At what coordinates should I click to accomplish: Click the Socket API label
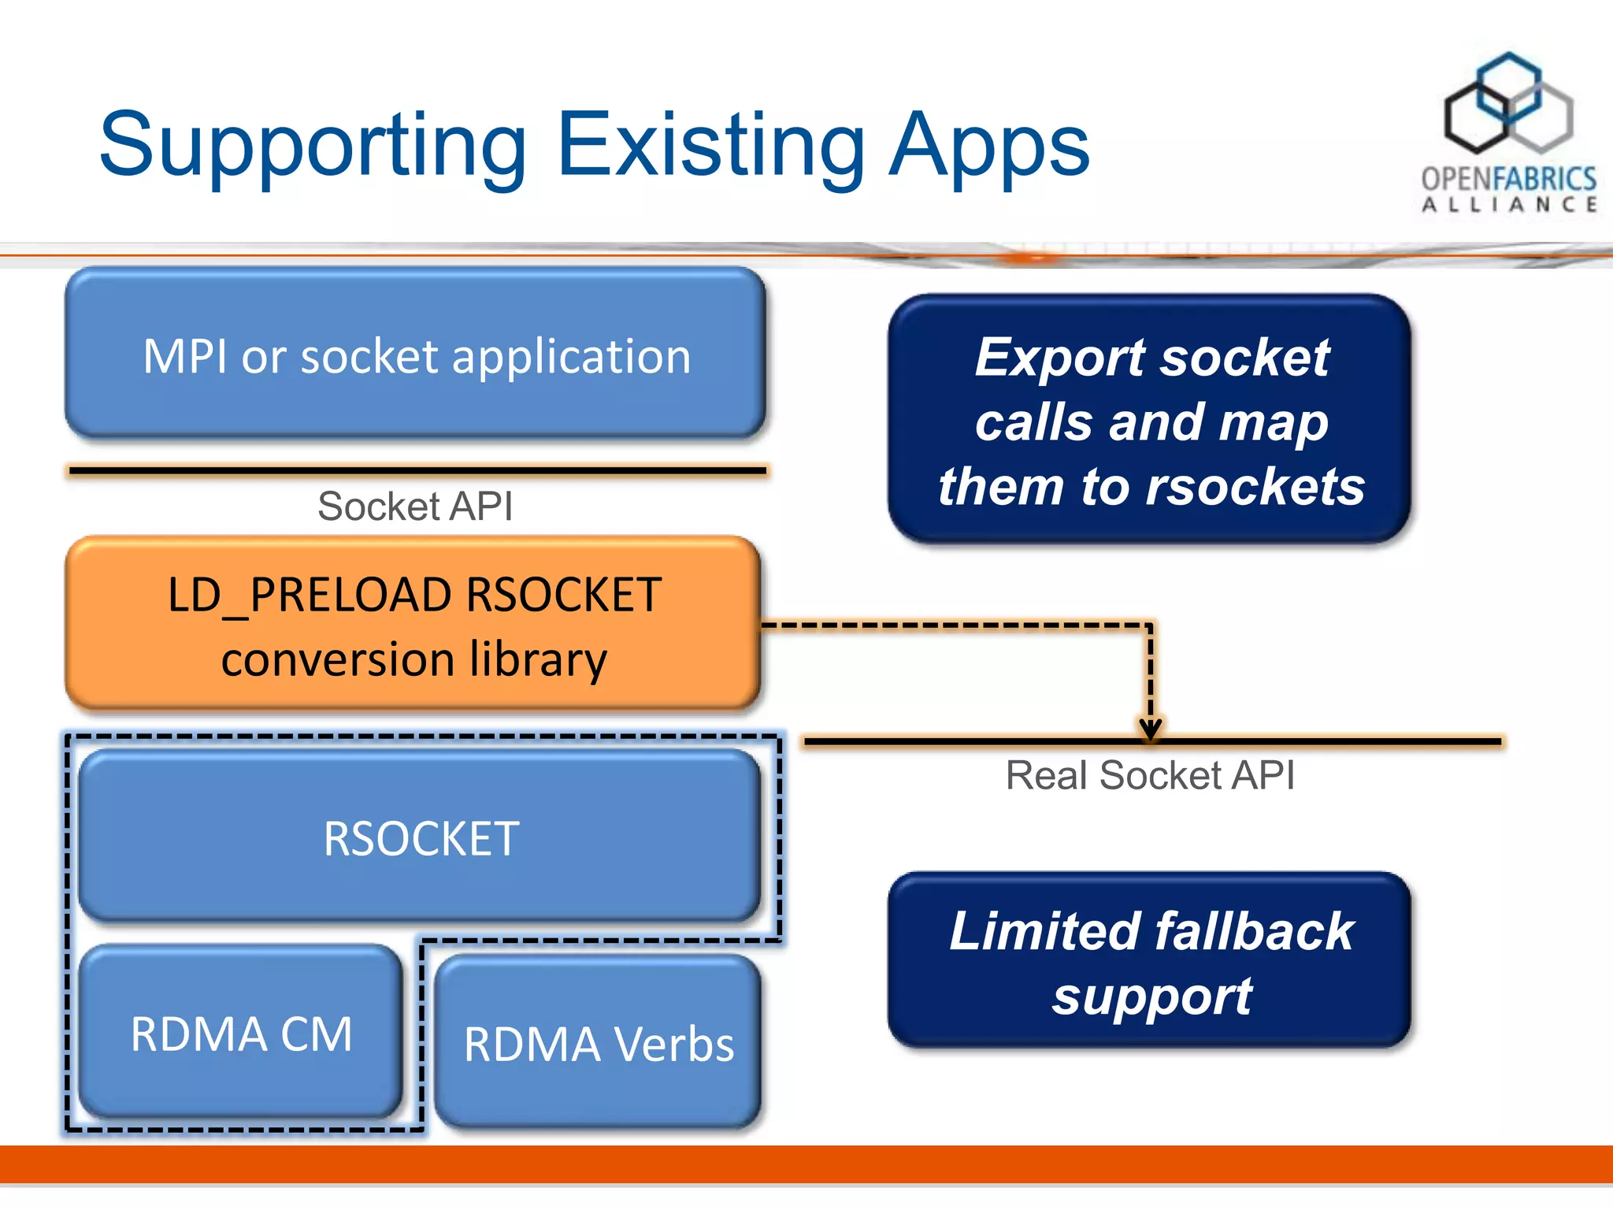[x=415, y=506]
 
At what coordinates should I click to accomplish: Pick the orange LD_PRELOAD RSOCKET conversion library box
[x=413, y=624]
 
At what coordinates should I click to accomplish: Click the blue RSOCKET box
[x=420, y=837]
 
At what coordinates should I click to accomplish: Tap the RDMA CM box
[x=241, y=1033]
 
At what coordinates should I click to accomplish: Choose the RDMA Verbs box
[x=599, y=1043]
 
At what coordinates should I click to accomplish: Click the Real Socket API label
[x=1150, y=775]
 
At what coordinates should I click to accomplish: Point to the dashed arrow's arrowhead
[x=1150, y=729]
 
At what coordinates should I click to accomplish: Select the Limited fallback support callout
[x=1150, y=961]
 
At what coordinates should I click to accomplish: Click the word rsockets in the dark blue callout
[x=1255, y=486]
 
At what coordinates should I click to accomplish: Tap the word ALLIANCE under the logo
[x=1509, y=205]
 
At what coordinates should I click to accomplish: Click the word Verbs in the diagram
[x=673, y=1045]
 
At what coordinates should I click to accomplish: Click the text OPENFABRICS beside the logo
[x=1509, y=179]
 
